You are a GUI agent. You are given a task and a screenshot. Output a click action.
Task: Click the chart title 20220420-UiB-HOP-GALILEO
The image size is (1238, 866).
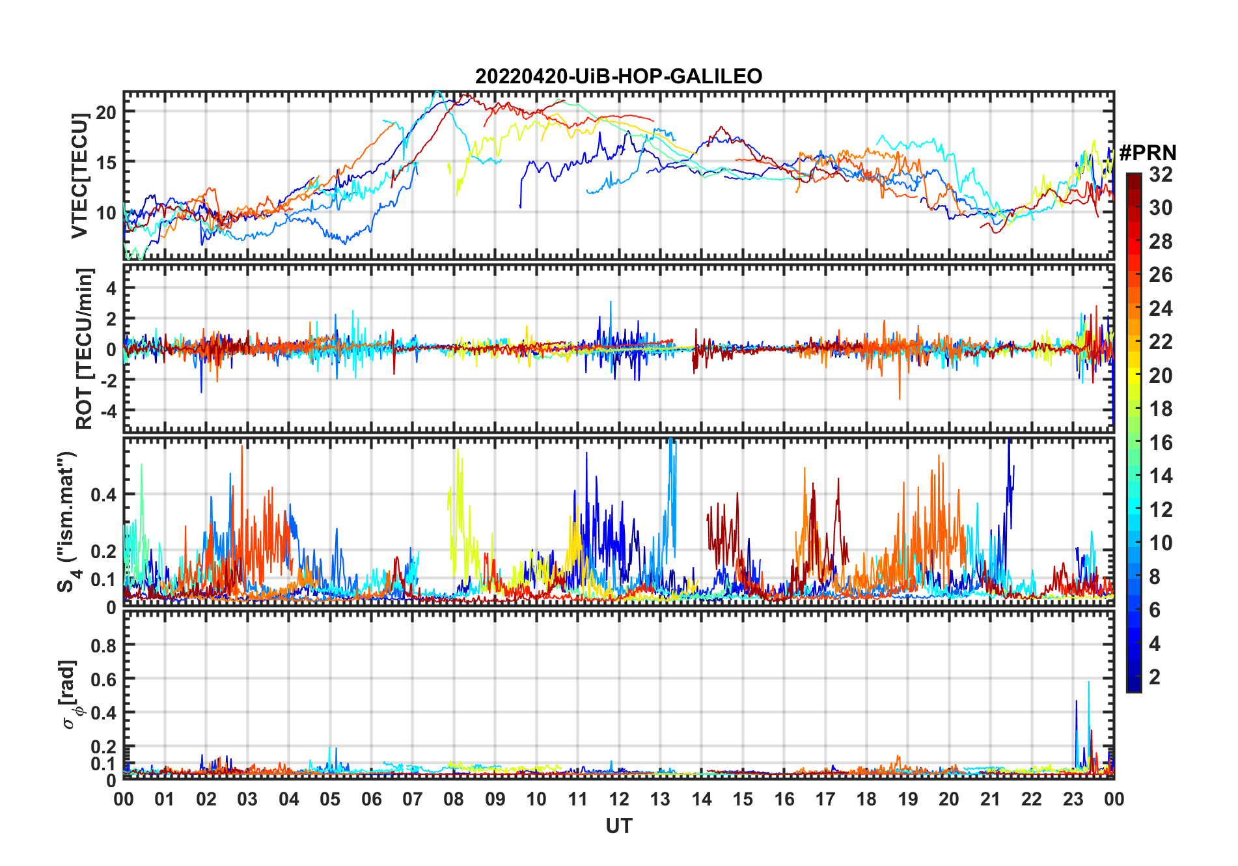tap(618, 77)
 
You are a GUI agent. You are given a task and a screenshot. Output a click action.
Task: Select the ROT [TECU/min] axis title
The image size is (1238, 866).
tap(84, 348)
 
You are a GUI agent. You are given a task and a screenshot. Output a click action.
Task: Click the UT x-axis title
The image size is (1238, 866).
tap(618, 826)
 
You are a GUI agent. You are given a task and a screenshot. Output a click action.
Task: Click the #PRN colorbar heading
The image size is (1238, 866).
tap(1148, 153)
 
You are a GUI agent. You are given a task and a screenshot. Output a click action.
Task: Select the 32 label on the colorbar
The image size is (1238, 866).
tap(1161, 174)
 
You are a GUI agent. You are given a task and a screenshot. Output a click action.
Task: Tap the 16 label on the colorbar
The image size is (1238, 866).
tap(1161, 443)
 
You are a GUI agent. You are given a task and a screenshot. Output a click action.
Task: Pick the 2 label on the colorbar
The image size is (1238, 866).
tap(1155, 677)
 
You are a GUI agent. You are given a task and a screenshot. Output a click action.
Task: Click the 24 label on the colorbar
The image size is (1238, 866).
tap(1161, 308)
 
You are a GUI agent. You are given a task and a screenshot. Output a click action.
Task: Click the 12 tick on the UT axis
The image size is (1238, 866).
tap(619, 799)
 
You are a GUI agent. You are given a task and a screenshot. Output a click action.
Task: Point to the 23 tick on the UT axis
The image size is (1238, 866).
tap(1073, 799)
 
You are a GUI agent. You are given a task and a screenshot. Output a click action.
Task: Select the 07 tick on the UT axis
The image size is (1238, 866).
tap(413, 799)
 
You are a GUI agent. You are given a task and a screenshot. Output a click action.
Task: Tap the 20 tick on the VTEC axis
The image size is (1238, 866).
tap(106, 112)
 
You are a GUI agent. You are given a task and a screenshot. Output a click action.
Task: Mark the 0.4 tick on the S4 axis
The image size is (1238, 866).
tap(103, 494)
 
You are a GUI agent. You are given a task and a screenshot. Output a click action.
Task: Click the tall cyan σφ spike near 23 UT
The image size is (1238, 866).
tap(1088, 684)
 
